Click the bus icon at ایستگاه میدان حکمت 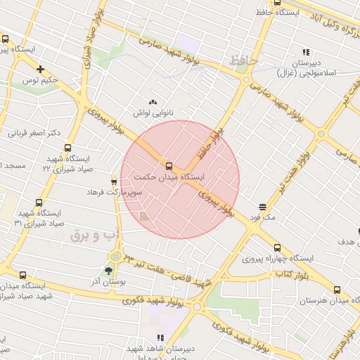click(169, 166)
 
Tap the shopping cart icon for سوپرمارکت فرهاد click(114, 180)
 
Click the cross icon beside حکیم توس click(41, 69)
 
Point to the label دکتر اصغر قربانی click(33, 132)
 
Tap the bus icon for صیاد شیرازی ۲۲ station click(68, 148)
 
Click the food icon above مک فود click(262, 207)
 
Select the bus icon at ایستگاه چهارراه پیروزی click(277, 247)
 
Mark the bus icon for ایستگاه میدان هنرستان click(337, 289)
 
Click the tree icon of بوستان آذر click(108, 269)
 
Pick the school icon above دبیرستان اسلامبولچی click(306, 51)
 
